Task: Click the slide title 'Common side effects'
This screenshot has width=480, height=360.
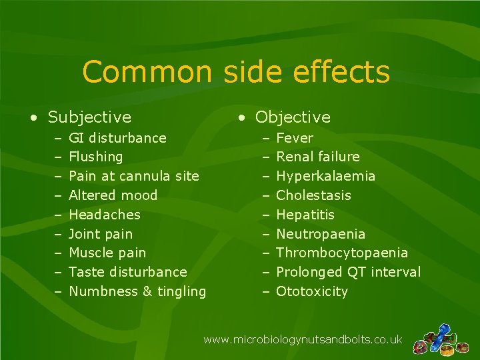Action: pos(236,72)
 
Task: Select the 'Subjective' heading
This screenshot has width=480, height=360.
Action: pos(89,117)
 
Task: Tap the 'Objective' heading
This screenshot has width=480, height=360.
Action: pos(293,117)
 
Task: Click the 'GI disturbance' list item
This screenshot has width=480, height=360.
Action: pos(117,138)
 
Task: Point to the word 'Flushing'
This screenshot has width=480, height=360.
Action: pos(96,157)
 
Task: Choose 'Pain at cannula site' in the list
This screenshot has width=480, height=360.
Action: pos(134,176)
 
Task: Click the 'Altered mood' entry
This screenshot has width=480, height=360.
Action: pos(113,195)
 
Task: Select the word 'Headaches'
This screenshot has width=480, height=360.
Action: pos(105,215)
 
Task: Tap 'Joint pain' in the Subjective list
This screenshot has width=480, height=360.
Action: pos(101,234)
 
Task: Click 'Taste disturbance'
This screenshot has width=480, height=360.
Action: pos(128,272)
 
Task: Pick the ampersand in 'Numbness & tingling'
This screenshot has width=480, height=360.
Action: pos(148,291)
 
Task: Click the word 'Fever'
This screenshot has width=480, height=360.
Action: pos(294,138)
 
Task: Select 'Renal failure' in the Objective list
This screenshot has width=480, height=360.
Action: pos(317,157)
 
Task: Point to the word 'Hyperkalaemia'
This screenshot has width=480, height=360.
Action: pos(325,176)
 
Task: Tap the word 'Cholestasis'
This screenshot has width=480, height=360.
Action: pos(313,195)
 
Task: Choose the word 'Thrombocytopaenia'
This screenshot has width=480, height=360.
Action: pos(342,253)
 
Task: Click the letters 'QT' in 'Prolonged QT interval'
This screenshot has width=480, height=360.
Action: pos(354,272)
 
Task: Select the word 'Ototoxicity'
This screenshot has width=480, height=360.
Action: pos(312,291)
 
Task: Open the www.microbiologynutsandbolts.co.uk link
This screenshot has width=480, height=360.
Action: pos(303,340)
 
